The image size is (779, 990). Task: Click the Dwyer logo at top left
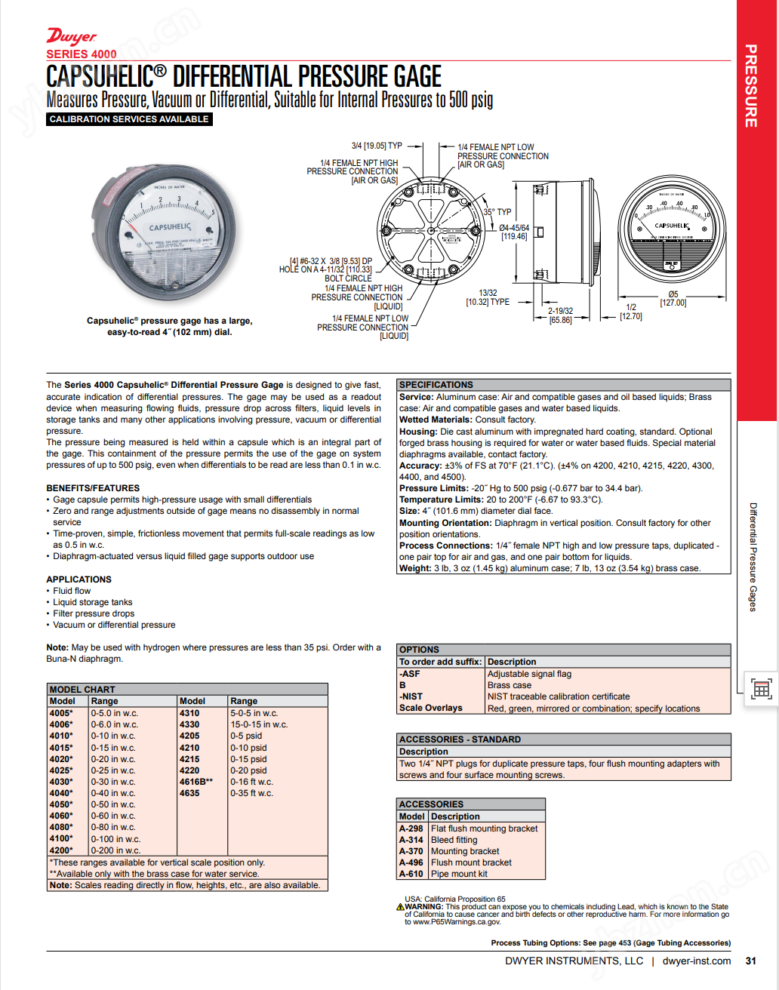tap(72, 37)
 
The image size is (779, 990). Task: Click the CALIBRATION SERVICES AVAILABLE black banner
tap(129, 119)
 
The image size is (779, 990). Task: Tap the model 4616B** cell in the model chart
tap(196, 782)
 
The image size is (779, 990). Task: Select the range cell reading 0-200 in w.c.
tap(115, 850)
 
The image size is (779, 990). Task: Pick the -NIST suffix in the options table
tap(411, 696)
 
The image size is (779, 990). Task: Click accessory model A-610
tap(411, 874)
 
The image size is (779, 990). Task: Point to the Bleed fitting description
tap(454, 840)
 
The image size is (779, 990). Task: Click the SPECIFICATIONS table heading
tap(436, 385)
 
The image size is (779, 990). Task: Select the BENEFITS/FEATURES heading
tap(93, 488)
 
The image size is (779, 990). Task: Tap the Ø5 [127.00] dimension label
tap(673, 299)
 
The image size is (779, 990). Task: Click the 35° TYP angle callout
tap(497, 212)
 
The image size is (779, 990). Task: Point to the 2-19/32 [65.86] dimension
tap(560, 315)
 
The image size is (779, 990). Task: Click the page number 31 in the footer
tap(750, 961)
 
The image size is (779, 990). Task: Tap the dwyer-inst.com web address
tap(696, 961)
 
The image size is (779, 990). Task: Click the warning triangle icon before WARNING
tap(400, 907)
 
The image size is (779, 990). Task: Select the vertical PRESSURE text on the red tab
tap(751, 86)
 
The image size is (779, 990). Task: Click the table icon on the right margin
tap(761, 689)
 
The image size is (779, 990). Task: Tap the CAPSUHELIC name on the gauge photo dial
tap(170, 226)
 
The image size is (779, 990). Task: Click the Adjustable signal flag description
tap(529, 674)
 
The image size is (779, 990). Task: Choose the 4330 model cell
tap(189, 724)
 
